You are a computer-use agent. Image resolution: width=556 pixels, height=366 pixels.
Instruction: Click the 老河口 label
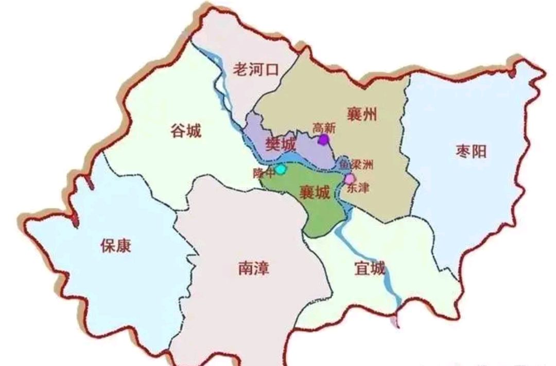pyautogui.click(x=256, y=69)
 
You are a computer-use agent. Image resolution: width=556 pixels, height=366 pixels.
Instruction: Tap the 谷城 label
pyautogui.click(x=186, y=132)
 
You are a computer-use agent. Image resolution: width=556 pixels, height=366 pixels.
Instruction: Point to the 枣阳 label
pyautogui.click(x=471, y=151)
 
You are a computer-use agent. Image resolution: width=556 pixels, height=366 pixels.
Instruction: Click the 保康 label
pyautogui.click(x=116, y=246)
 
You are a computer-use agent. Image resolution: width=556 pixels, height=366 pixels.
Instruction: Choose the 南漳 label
pyautogui.click(x=254, y=268)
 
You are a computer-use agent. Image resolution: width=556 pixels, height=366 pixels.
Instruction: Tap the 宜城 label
pyautogui.click(x=370, y=268)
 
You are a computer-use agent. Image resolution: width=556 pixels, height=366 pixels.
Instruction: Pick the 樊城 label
pyautogui.click(x=281, y=144)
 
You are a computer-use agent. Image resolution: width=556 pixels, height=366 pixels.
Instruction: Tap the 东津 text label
pyautogui.click(x=358, y=189)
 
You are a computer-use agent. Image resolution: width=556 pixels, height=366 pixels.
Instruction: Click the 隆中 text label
pyautogui.click(x=263, y=174)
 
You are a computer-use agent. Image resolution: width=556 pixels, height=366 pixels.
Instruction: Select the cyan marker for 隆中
pyautogui.click(x=280, y=169)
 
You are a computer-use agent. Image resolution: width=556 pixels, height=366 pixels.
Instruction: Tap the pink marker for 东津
pyautogui.click(x=350, y=178)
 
